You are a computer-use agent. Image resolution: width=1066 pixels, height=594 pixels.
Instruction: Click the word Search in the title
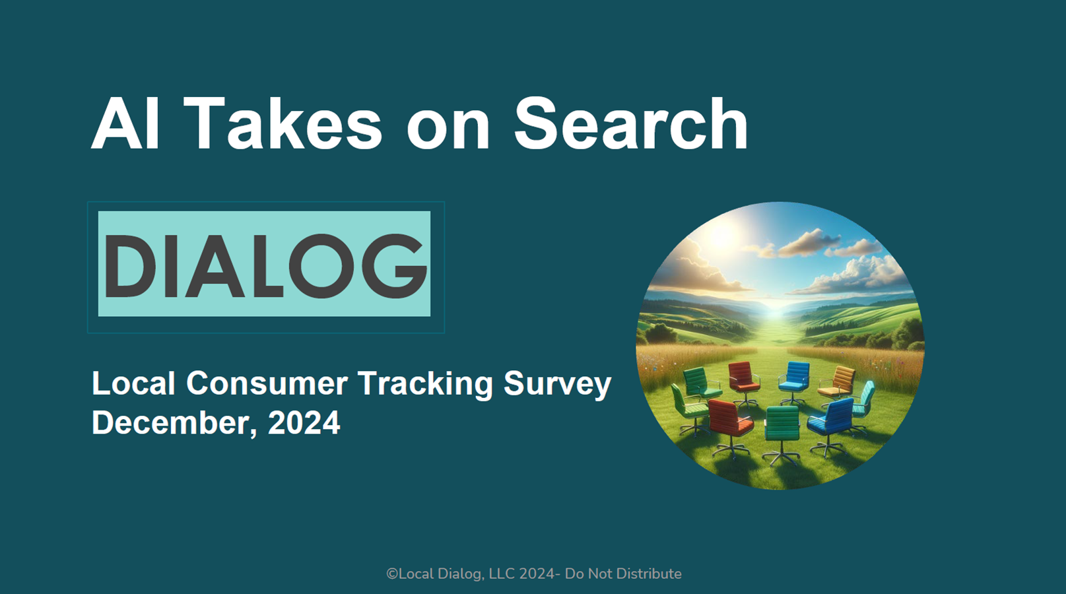coord(630,123)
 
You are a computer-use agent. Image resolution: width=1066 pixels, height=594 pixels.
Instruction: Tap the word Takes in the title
coord(283,123)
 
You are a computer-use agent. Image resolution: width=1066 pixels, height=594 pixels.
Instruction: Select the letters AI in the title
coord(125,123)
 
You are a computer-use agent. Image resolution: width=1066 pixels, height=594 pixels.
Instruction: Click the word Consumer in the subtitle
coord(267,383)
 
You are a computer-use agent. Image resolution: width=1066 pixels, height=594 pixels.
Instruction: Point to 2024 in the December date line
coord(304,422)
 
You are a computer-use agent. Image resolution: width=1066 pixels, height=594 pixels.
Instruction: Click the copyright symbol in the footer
coord(391,574)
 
